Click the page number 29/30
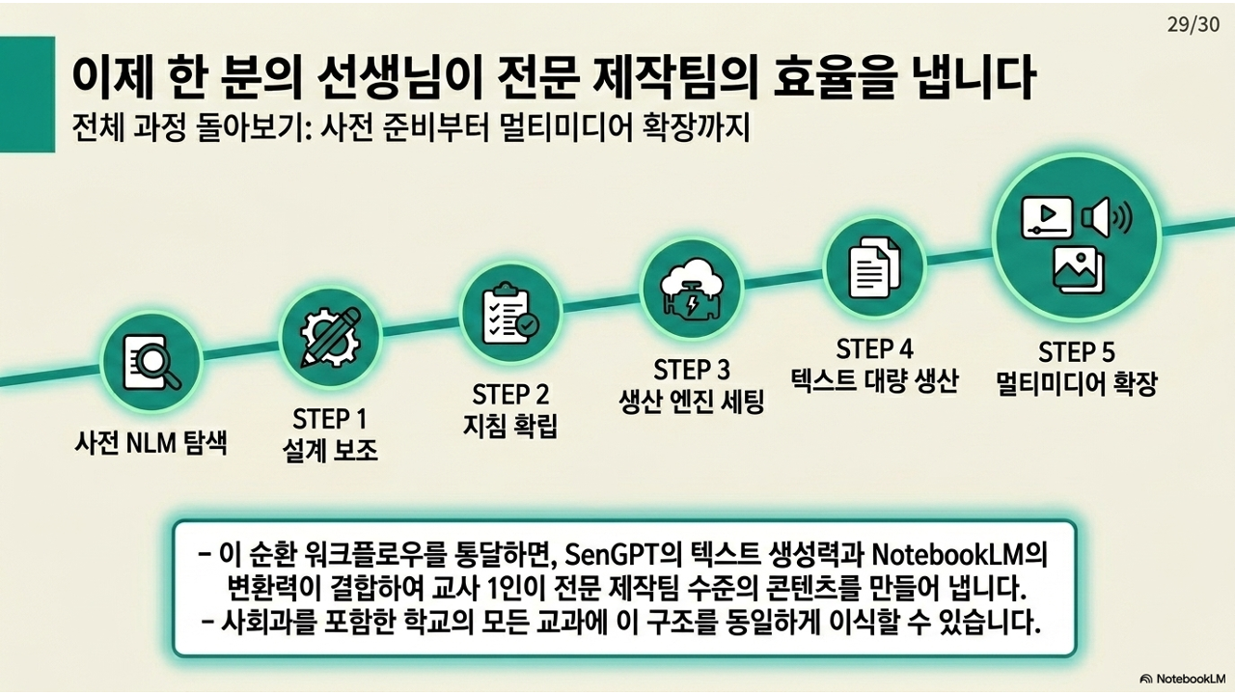click(1193, 24)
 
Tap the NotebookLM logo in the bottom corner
click(1183, 679)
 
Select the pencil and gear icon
click(330, 337)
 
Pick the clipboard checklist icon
click(510, 314)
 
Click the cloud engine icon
click(692, 289)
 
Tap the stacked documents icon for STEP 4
click(874, 267)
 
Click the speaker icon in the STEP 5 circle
click(1107, 218)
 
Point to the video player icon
click(1047, 217)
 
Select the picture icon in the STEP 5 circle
click(1079, 269)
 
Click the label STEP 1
click(329, 419)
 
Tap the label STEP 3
click(692, 370)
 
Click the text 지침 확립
click(510, 426)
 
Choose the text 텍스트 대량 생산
click(874, 380)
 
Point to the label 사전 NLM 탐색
click(151, 443)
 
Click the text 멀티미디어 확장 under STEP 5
click(1076, 383)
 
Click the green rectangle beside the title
click(28, 95)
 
